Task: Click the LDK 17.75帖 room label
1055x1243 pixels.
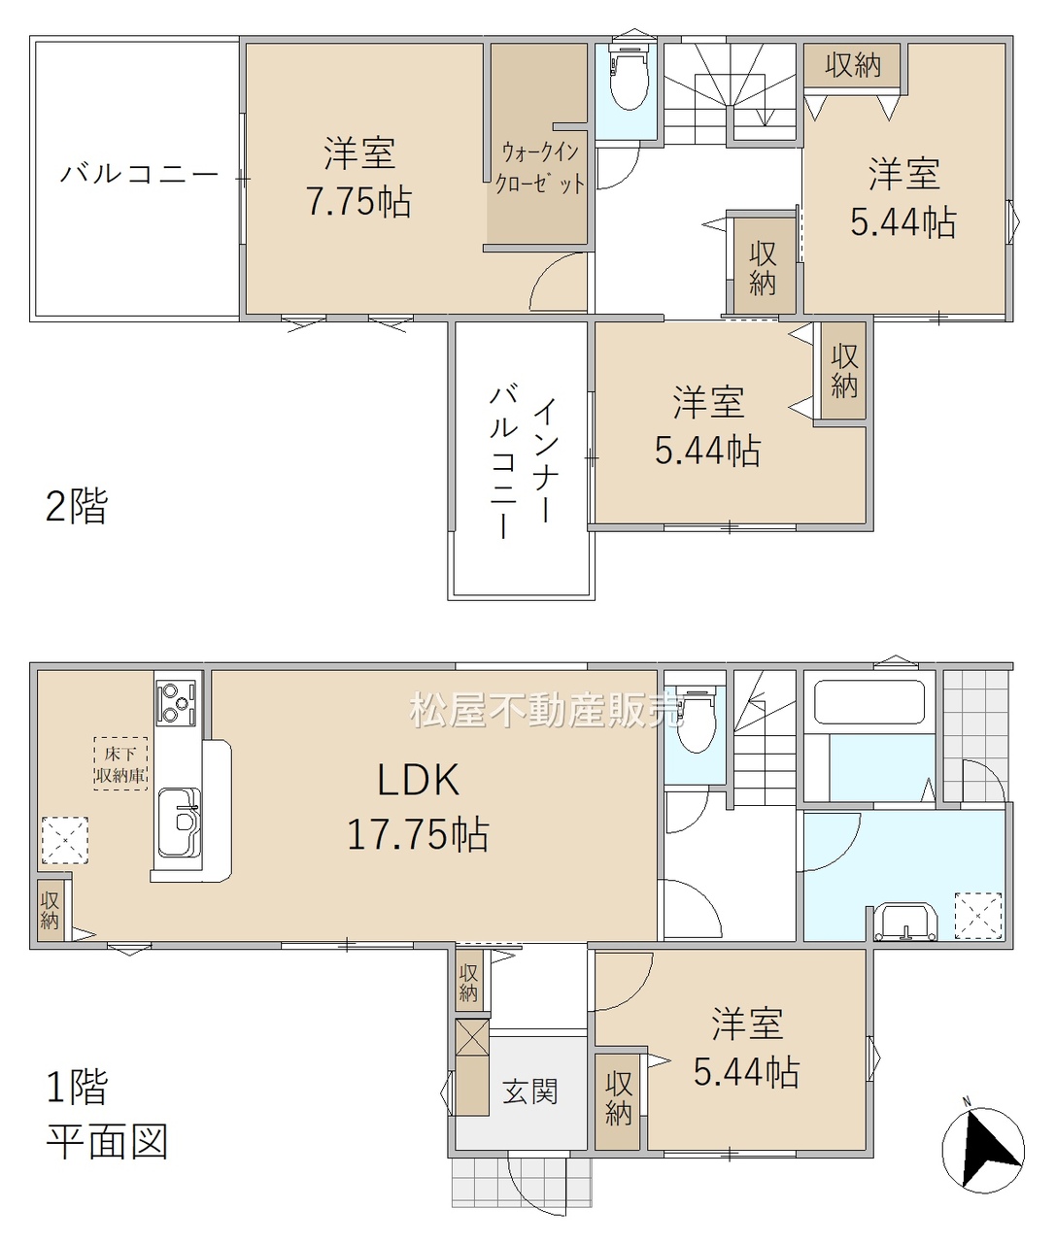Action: click(418, 806)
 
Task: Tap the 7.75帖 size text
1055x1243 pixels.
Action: click(359, 201)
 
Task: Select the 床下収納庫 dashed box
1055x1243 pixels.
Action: click(120, 763)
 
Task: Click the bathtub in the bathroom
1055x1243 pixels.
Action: click(869, 702)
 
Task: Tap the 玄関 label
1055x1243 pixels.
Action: click(529, 1092)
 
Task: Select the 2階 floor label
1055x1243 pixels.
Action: click(77, 506)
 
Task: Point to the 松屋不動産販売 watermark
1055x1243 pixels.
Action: click(546, 710)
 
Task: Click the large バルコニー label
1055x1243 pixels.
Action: click(138, 175)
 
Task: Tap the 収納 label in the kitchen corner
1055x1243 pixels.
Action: click(50, 910)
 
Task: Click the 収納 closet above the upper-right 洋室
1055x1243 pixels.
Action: click(853, 64)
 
